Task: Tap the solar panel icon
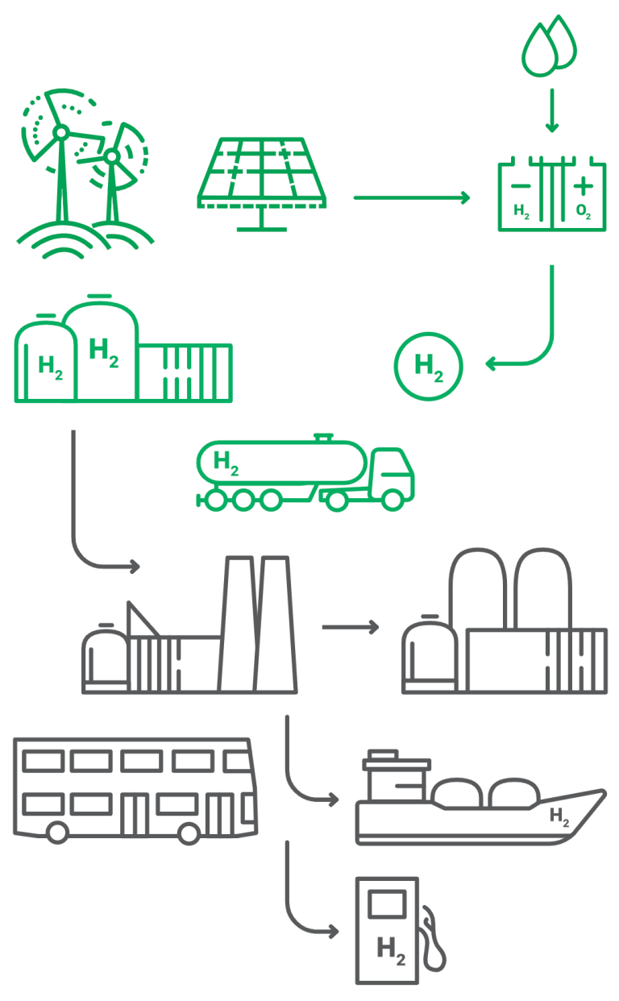[x=262, y=172]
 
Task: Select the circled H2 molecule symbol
[x=429, y=367]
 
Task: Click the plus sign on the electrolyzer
[x=582, y=186]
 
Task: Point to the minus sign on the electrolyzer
[x=521, y=186]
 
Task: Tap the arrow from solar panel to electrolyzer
[x=411, y=197]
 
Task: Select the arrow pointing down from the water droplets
[x=551, y=110]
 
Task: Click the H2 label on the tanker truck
[x=226, y=463]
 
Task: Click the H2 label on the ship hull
[x=559, y=816]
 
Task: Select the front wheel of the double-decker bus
[x=189, y=833]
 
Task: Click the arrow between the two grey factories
[x=350, y=626]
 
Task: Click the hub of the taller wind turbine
[x=60, y=131]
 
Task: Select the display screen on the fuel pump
[x=385, y=903]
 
